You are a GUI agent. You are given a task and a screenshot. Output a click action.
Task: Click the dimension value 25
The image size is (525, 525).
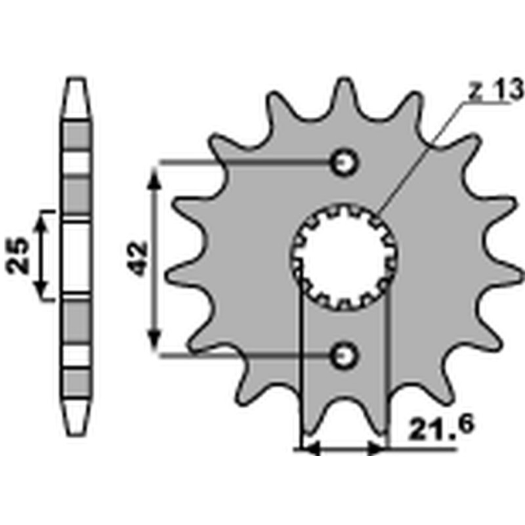click(19, 255)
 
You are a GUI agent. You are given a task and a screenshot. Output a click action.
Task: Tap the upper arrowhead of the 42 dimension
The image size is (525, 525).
click(154, 176)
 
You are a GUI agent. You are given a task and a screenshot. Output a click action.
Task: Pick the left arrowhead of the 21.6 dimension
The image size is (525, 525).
click(308, 450)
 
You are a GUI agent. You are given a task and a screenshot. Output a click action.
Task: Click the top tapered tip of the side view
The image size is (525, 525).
click(77, 82)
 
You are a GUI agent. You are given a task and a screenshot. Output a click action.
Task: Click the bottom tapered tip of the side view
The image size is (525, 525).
click(77, 433)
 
